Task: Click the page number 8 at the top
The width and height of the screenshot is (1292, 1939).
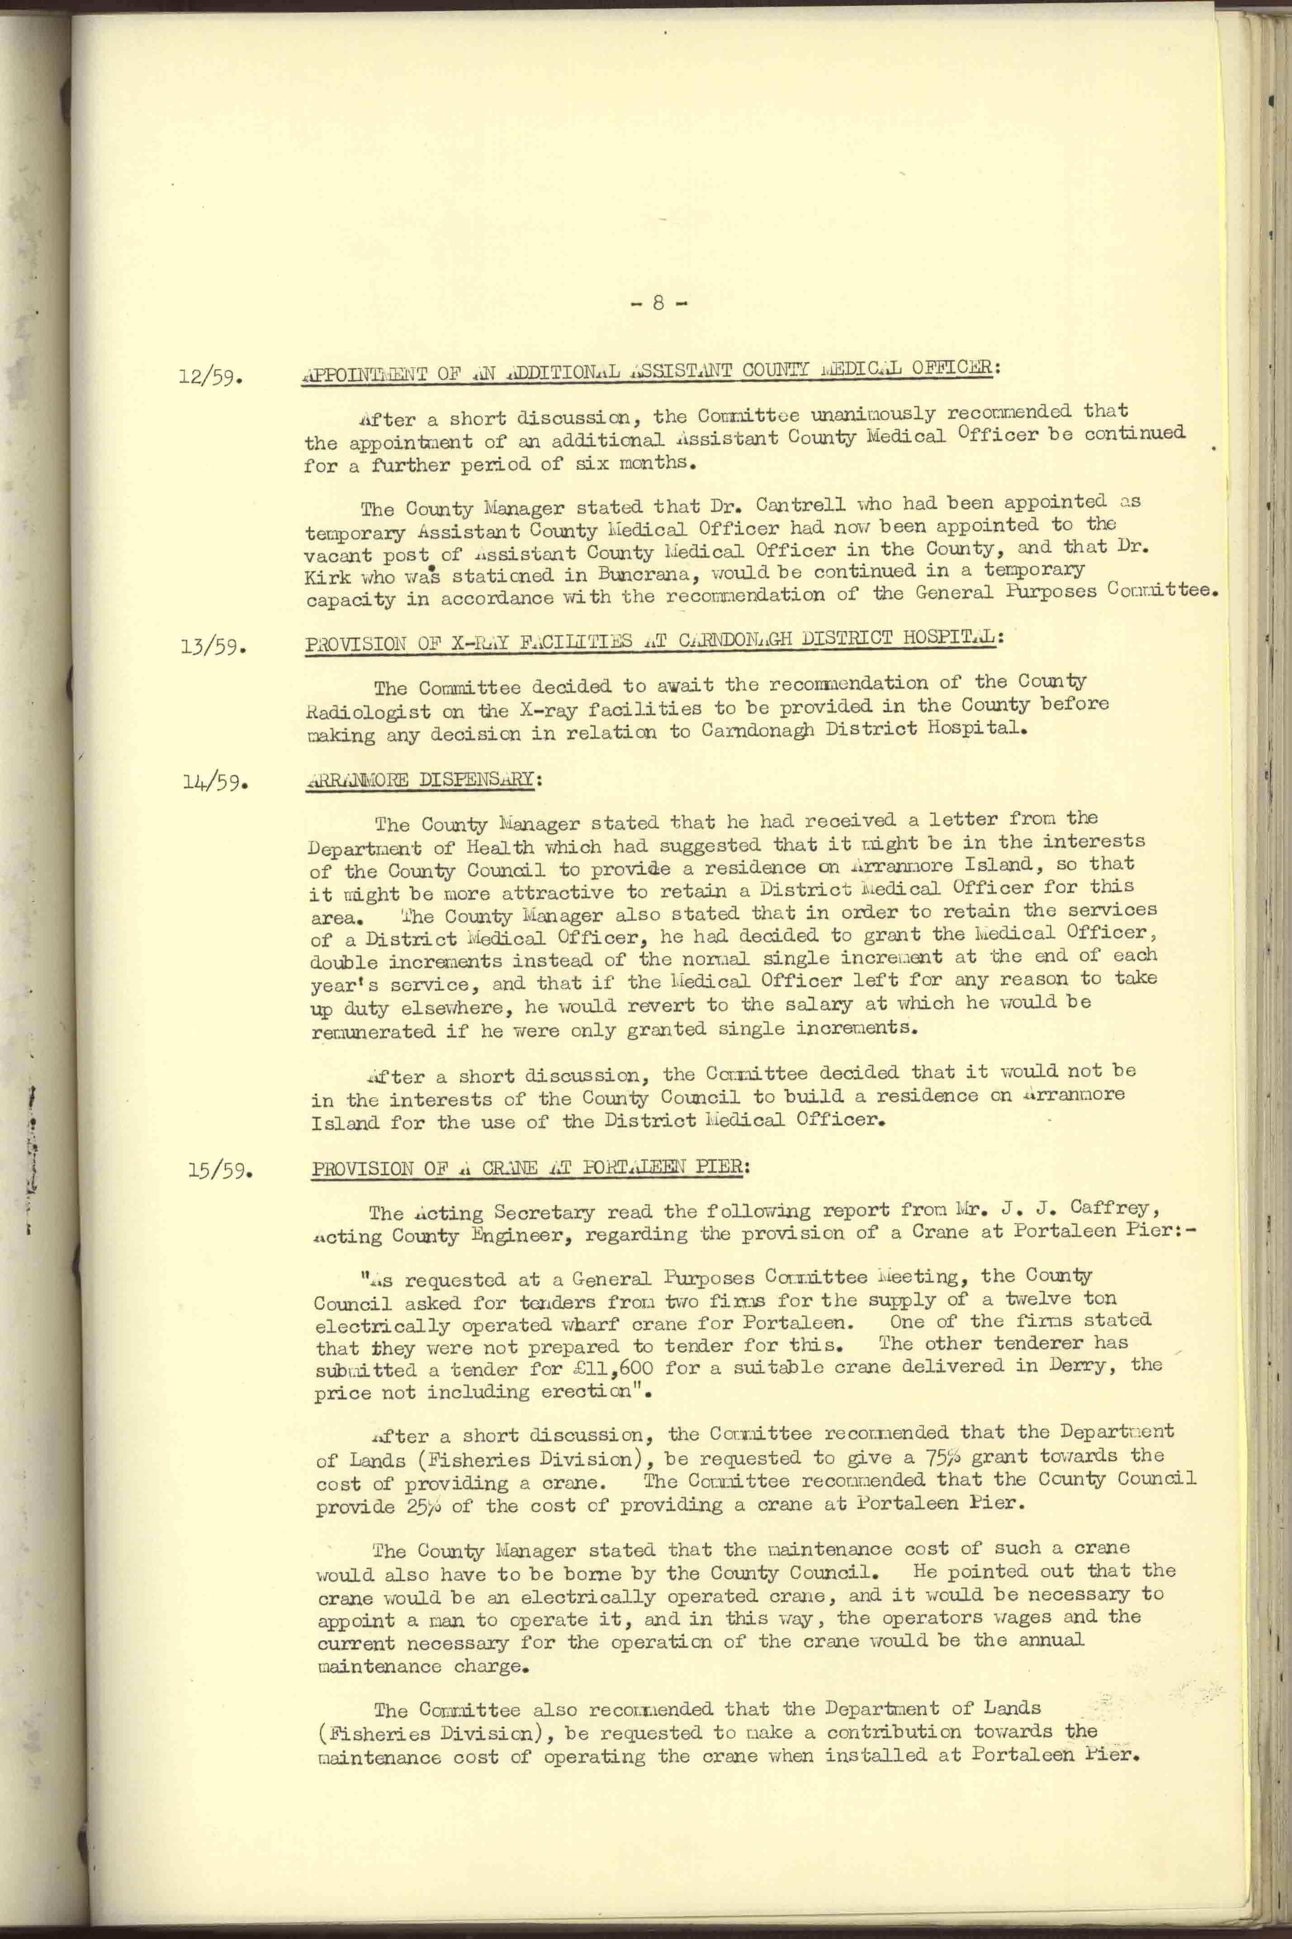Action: tap(658, 303)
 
